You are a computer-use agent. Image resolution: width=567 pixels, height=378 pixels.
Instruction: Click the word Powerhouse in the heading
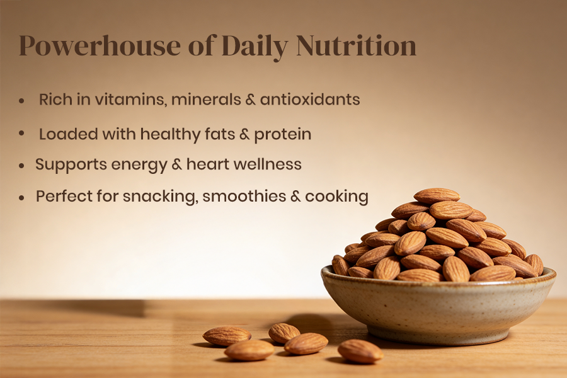[100, 45]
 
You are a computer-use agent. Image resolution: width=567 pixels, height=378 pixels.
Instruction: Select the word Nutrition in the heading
[356, 45]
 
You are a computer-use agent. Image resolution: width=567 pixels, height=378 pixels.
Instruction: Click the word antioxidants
[310, 100]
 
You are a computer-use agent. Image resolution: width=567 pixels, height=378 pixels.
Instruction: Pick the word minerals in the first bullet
[206, 100]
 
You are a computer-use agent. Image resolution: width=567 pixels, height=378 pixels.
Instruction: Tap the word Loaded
[69, 134]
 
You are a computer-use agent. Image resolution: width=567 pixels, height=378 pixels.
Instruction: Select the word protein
[283, 135]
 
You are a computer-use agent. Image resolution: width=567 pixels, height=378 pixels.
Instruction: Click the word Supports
[71, 165]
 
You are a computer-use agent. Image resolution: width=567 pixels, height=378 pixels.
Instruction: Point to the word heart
[208, 164]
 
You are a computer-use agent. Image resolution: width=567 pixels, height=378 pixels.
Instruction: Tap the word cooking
[336, 197]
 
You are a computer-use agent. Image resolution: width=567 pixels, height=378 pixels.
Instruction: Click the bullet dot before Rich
[21, 101]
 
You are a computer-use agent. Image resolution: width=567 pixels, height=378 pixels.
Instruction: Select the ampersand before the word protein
[244, 135]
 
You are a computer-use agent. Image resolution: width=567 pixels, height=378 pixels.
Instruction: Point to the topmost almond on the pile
[437, 195]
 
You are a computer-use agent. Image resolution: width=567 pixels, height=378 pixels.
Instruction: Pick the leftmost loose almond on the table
[227, 336]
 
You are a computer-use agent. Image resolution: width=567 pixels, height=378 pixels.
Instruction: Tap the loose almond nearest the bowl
[360, 351]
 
